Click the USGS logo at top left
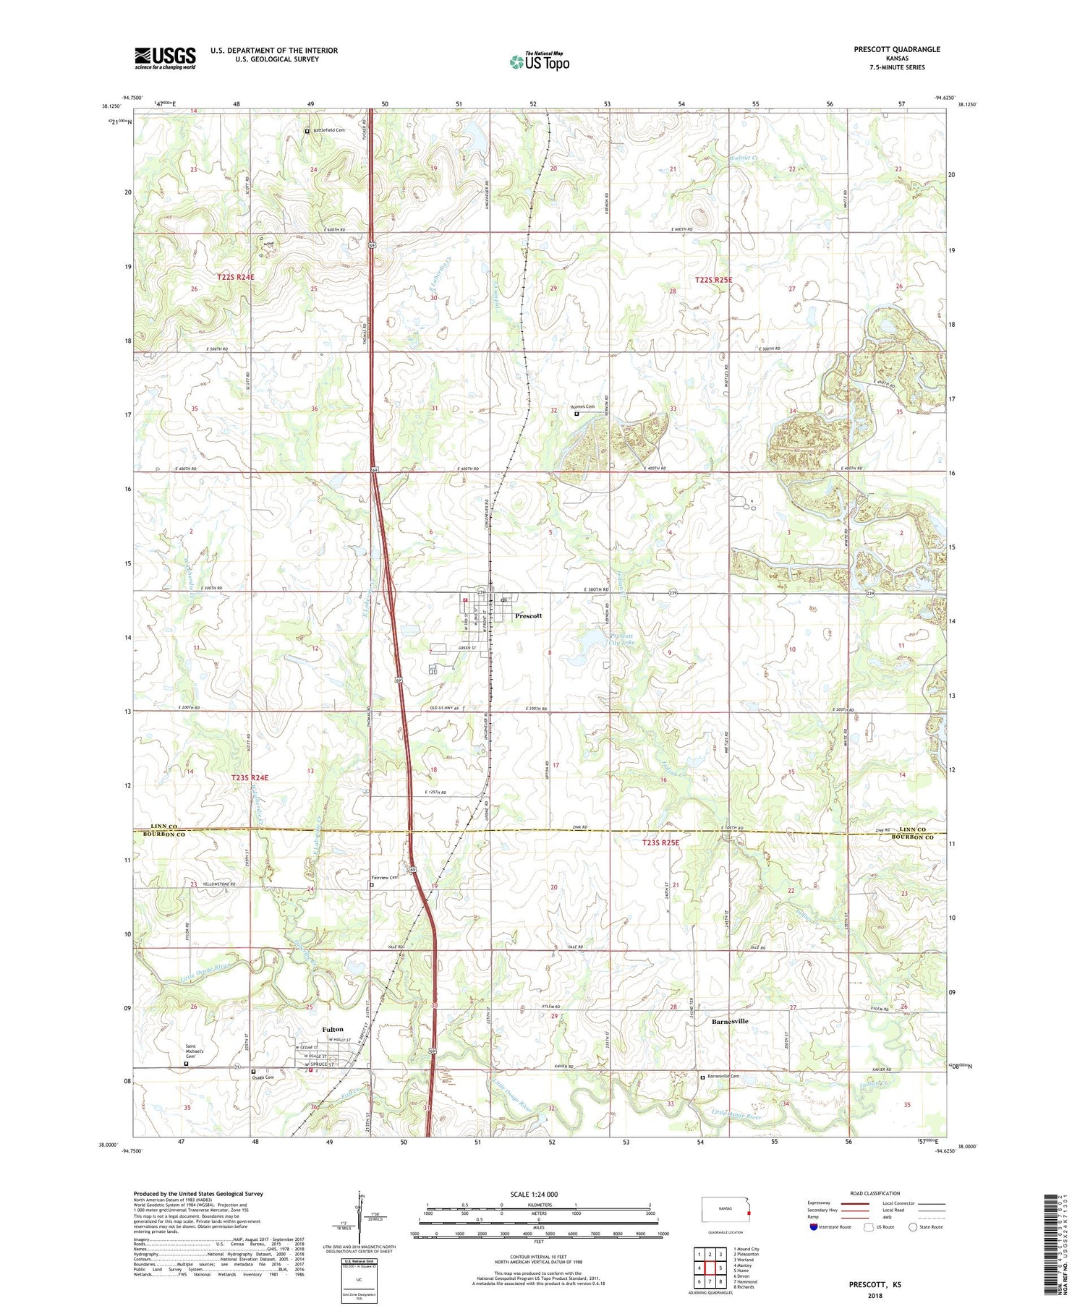click(x=165, y=58)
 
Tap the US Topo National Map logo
click(x=539, y=61)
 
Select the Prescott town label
click(x=528, y=615)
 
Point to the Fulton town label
click(x=333, y=1029)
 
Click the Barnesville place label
click(x=730, y=1021)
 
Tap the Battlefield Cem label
click(x=329, y=130)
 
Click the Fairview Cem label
click(x=386, y=878)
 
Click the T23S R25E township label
click(x=660, y=842)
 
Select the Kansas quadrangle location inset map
click(x=726, y=1210)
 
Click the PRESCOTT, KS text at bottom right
click(x=875, y=1285)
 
